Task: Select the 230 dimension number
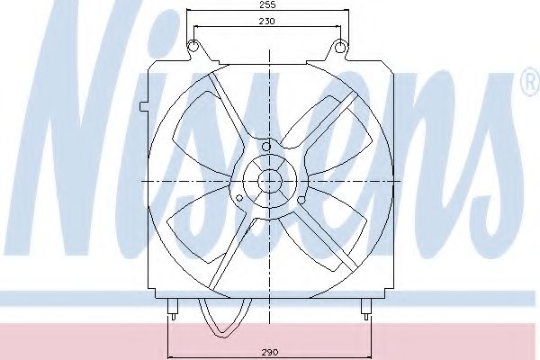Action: pos(267,21)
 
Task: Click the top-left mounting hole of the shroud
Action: pos(193,46)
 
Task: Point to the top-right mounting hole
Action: pos(341,46)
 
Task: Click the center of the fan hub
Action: pos(268,180)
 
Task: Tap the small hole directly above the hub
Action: pos(267,145)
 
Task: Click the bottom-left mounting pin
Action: pos(170,311)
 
